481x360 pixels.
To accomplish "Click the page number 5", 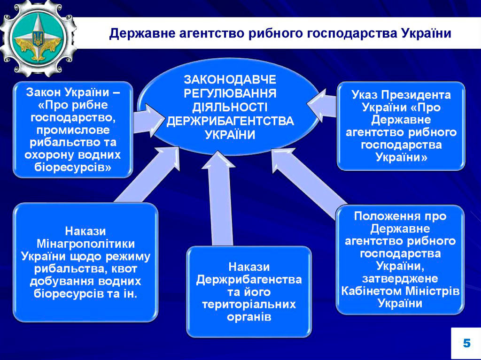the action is click(x=466, y=343).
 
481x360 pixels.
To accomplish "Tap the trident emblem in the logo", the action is click(x=38, y=38).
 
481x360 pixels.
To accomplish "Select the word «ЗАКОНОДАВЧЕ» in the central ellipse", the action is click(x=230, y=79).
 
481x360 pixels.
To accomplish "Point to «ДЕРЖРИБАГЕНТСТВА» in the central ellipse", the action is click(x=230, y=121).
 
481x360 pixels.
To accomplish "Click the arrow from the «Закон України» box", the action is click(x=149, y=121).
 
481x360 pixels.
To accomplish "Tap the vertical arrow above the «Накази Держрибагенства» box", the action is click(x=218, y=198).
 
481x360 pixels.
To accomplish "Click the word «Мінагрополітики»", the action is click(x=85, y=244).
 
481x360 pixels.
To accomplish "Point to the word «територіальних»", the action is click(x=249, y=304).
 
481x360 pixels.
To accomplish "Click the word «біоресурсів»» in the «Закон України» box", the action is click(x=73, y=168).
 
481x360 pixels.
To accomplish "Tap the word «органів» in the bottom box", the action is click(x=249, y=317).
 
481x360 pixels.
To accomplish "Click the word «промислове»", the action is click(x=73, y=130).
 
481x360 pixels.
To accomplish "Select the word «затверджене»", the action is click(x=400, y=278).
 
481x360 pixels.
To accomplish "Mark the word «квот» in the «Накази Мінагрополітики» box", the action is click(x=124, y=269).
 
